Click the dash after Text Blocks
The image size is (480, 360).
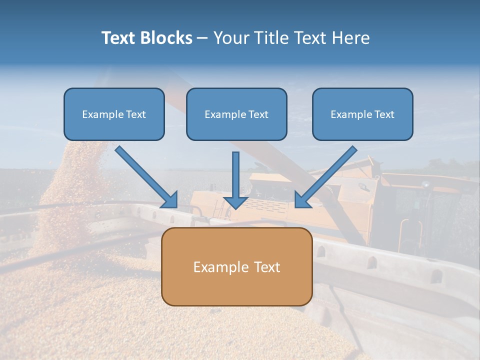202,38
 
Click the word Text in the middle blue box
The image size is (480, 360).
258,114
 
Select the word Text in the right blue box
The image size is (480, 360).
384,114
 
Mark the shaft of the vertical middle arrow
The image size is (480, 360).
235,172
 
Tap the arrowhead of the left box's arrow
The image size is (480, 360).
170,199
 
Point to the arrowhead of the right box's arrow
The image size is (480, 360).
302,200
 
